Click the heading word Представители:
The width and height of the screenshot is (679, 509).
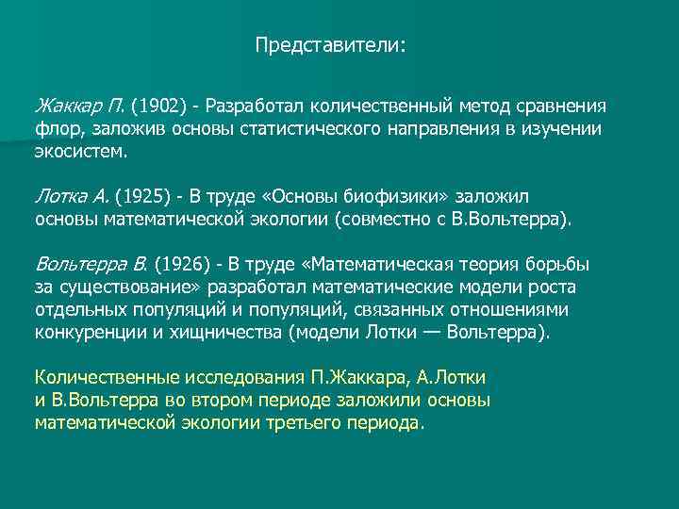[330, 44]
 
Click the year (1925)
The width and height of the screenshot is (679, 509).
[147, 196]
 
